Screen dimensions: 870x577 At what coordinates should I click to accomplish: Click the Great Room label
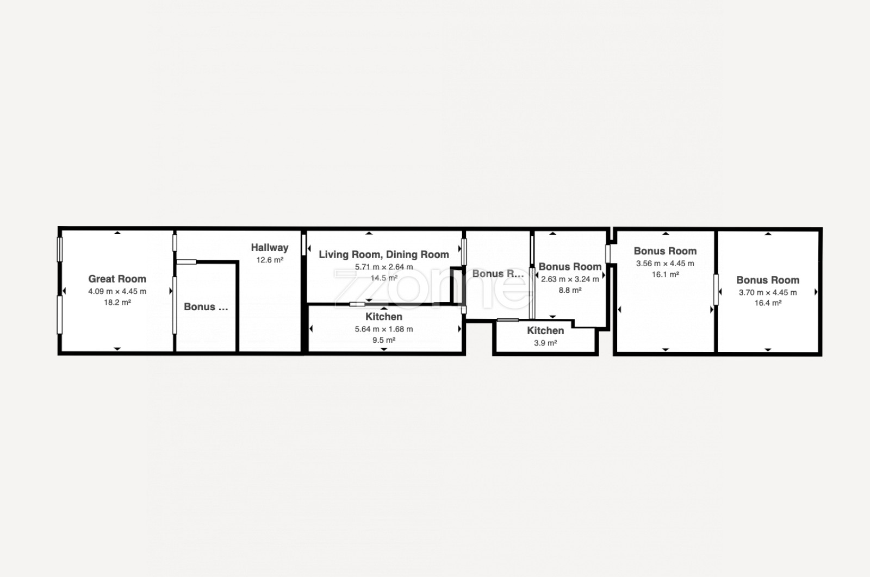(x=117, y=279)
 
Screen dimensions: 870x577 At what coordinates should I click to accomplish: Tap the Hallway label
(x=270, y=248)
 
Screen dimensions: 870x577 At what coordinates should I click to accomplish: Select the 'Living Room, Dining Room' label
(x=384, y=255)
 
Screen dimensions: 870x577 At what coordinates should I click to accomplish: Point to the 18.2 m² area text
(x=117, y=302)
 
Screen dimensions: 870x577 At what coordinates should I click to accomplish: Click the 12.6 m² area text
(x=270, y=260)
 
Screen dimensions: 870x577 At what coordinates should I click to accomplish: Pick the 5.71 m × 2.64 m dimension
(x=384, y=267)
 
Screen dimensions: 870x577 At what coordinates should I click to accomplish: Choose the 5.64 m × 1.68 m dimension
(x=384, y=329)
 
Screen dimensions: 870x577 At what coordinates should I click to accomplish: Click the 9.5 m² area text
(x=384, y=340)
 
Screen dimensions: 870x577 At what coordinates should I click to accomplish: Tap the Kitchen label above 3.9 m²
(x=545, y=330)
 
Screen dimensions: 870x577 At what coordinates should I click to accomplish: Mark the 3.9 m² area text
(x=545, y=343)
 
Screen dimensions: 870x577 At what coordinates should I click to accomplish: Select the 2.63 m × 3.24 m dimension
(x=570, y=279)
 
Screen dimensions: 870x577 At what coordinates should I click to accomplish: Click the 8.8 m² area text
(x=570, y=290)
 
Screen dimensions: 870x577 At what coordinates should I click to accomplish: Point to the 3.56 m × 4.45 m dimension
(x=665, y=264)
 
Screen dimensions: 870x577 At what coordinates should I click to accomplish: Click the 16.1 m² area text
(x=665, y=275)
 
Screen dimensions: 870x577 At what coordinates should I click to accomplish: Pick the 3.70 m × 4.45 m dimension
(x=767, y=292)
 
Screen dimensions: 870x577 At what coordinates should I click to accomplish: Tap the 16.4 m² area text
(x=767, y=303)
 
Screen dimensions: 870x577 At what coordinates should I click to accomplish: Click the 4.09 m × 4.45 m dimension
(x=117, y=291)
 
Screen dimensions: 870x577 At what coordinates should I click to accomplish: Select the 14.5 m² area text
(x=384, y=278)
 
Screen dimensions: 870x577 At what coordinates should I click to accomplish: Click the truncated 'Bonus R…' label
(x=498, y=274)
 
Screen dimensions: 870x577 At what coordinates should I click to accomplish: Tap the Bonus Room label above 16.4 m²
(x=767, y=280)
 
